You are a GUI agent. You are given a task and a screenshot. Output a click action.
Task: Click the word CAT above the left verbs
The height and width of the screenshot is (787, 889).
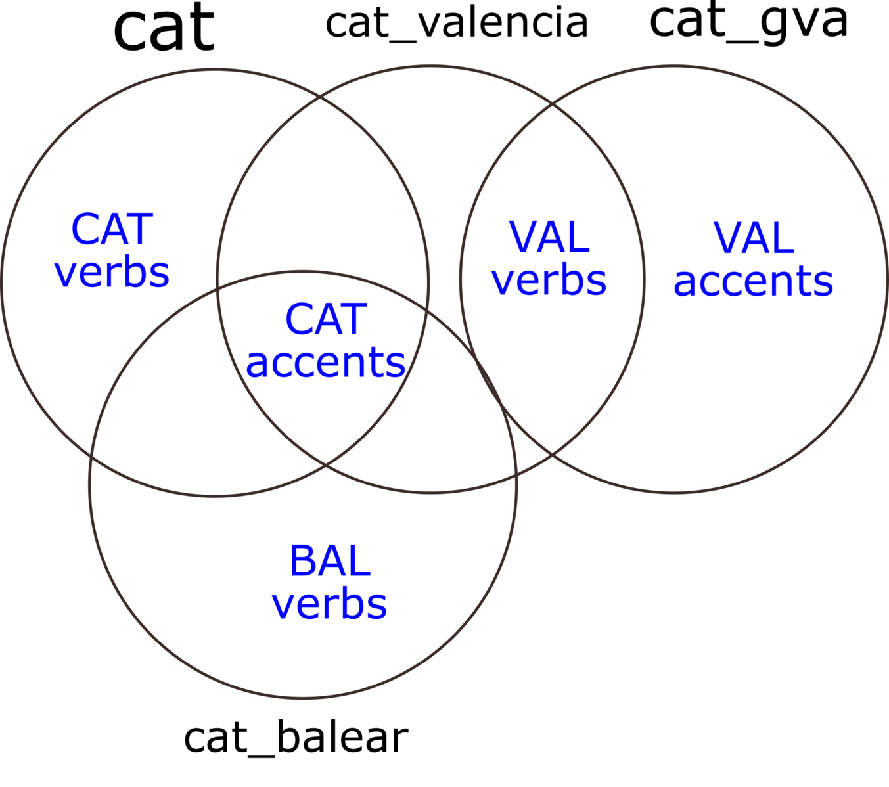pos(112,229)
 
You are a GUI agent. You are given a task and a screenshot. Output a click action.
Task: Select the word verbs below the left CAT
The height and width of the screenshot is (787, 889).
pos(112,272)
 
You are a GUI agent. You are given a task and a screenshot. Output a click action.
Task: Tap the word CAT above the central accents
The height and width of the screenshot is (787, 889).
pos(326,320)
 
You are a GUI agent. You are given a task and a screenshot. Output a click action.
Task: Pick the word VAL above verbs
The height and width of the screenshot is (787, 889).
pos(549,237)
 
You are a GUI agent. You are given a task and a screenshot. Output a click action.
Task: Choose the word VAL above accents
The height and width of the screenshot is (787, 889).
pos(754,238)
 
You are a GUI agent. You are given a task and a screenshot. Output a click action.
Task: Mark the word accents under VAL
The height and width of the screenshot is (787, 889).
pos(754,281)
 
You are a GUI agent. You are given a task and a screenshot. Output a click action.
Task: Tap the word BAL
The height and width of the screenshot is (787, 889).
pos(330,562)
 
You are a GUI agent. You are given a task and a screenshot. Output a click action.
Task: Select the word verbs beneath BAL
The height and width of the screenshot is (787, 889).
pos(330,604)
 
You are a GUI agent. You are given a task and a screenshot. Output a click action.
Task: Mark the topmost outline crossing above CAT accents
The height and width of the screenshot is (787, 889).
pos(321,97)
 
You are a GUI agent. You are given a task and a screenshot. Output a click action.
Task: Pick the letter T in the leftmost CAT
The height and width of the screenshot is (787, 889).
pos(141,229)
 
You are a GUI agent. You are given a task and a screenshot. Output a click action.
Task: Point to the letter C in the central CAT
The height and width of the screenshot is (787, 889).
pos(299,320)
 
